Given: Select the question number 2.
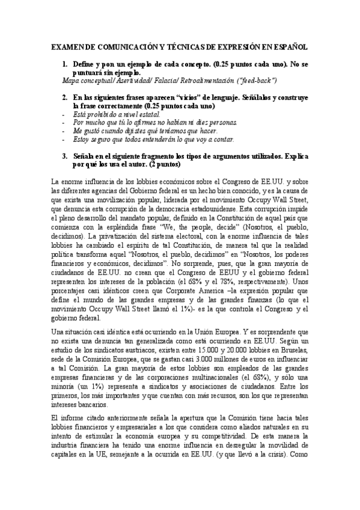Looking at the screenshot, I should (x=65, y=97).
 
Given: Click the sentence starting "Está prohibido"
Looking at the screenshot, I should (x=105, y=113).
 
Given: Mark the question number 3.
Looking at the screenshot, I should (x=65, y=155).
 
